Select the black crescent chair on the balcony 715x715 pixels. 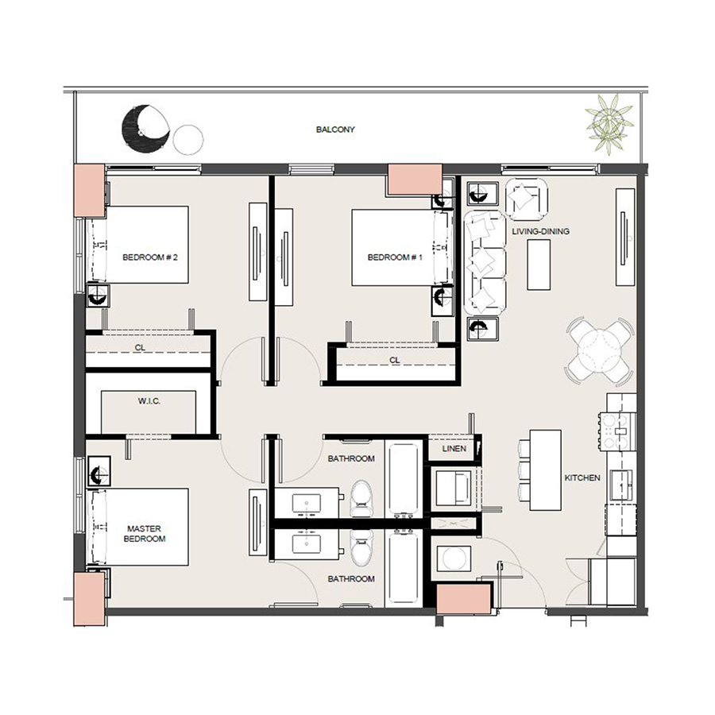click(145, 128)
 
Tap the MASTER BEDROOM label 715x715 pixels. click(146, 533)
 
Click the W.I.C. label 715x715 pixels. click(149, 401)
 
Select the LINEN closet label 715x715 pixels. click(454, 449)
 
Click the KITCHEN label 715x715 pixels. click(582, 478)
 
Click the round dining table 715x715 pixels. click(600, 350)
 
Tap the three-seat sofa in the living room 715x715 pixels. click(485, 261)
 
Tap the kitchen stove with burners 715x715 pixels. click(619, 431)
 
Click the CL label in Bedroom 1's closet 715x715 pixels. click(395, 360)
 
